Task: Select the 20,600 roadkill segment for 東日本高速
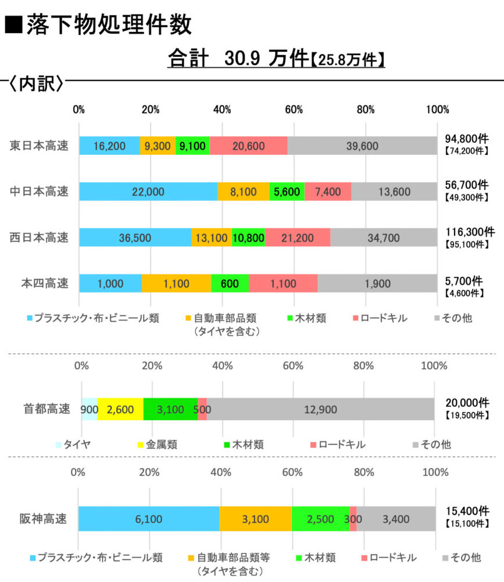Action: (x=249, y=145)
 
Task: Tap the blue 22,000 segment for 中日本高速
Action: (x=148, y=191)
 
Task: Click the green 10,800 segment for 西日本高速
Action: (x=248, y=237)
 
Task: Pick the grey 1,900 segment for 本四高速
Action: (x=377, y=283)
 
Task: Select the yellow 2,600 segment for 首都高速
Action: (x=120, y=409)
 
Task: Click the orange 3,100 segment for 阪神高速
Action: (x=256, y=519)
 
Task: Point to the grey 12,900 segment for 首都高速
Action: (x=320, y=409)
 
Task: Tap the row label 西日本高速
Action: (x=39, y=237)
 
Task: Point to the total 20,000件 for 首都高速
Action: (x=467, y=402)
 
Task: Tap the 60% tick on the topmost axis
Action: (x=294, y=110)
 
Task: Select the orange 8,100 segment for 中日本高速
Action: (x=244, y=191)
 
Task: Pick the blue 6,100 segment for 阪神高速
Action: (x=149, y=519)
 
